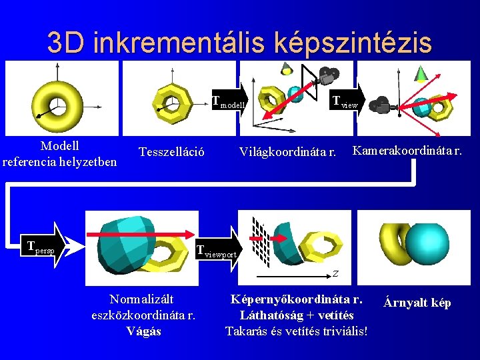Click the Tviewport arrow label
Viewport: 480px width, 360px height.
pyautogui.click(x=216, y=251)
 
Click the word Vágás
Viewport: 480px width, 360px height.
pyautogui.click(x=143, y=331)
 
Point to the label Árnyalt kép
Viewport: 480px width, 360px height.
pyautogui.click(x=417, y=303)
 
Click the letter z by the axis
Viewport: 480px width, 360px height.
pyautogui.click(x=336, y=273)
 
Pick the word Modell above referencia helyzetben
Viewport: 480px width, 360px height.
pyautogui.click(x=59, y=145)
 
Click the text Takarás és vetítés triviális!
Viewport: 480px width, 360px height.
pyautogui.click(x=296, y=331)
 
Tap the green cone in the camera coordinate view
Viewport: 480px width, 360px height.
pyautogui.click(x=421, y=73)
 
